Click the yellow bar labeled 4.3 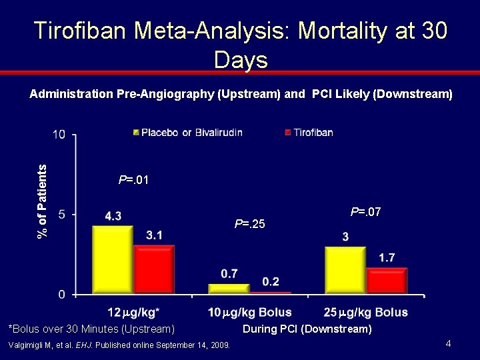pos(113,260)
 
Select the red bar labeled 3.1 pos(154,270)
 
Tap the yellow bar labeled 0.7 pos(229,289)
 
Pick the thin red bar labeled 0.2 pos(271,293)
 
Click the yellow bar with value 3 pos(345,270)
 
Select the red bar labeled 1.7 pos(387,281)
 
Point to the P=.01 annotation pos(133,180)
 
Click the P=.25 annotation pos(249,224)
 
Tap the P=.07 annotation pos(365,211)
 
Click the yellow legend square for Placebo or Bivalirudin pos(136,133)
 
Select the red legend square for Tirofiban pos(288,133)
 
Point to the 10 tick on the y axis pos(59,135)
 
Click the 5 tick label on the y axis pos(62,214)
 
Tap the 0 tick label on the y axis pos(62,295)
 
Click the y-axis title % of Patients pos(42,201)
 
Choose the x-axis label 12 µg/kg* pos(133,313)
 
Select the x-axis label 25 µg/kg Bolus pos(366,313)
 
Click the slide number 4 pos(448,343)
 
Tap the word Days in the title pos(241,60)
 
